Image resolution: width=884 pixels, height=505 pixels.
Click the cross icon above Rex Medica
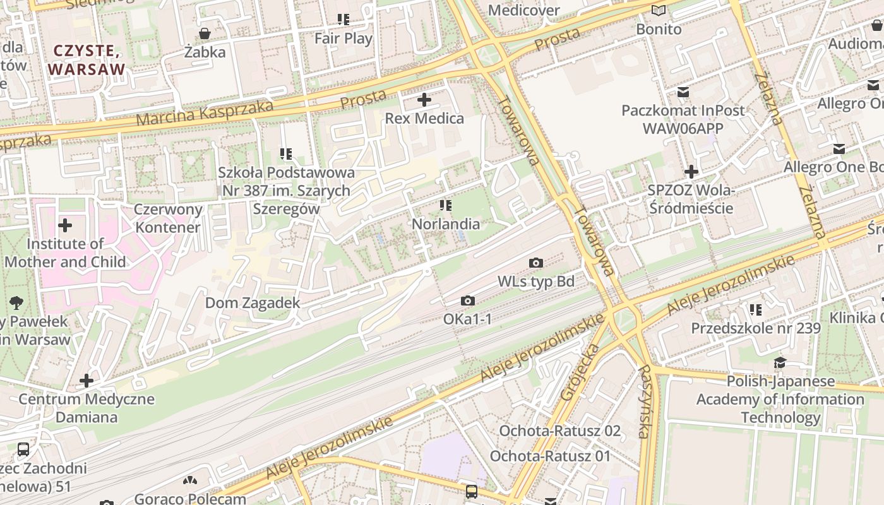click(x=424, y=100)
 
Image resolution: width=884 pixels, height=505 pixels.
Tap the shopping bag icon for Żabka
click(x=205, y=33)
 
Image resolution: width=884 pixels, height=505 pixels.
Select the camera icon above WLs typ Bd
click(x=536, y=263)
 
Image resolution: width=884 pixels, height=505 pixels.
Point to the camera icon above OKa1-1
click(x=467, y=301)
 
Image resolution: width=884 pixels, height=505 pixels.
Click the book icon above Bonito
click(x=659, y=10)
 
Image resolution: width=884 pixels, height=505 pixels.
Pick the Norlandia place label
click(x=446, y=224)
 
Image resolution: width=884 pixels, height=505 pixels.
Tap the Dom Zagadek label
click(x=253, y=303)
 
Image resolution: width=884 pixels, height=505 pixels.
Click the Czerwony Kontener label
click(x=168, y=218)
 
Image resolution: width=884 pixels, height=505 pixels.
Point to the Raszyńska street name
click(x=644, y=401)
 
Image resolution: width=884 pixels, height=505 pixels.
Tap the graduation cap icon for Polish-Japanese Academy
click(x=780, y=363)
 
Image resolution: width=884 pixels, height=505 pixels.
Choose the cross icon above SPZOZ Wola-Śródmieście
click(x=691, y=172)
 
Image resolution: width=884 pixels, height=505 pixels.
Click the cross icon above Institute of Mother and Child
click(x=65, y=225)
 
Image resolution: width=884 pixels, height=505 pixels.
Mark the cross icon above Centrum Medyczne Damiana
click(x=87, y=381)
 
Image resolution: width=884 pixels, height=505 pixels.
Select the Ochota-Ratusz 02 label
click(x=560, y=431)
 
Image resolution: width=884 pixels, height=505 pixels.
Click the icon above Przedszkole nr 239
click(x=755, y=310)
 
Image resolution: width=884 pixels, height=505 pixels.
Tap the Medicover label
click(x=524, y=10)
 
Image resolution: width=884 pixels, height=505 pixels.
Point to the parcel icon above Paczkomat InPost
click(x=683, y=92)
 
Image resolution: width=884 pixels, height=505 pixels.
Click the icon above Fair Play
click(x=343, y=20)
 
